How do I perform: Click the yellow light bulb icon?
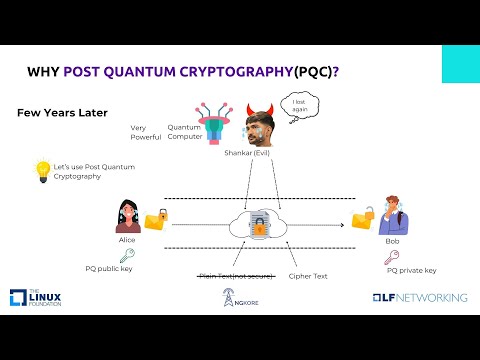pos(42,170)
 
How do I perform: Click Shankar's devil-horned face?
pos(262,128)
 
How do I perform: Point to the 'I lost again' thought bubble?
pos(298,105)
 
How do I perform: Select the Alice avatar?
pos(128,217)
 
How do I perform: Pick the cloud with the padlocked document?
pos(259,226)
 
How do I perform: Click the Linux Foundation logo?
pos(37,298)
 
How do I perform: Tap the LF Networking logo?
pos(419,298)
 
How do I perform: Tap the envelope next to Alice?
pos(156,220)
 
